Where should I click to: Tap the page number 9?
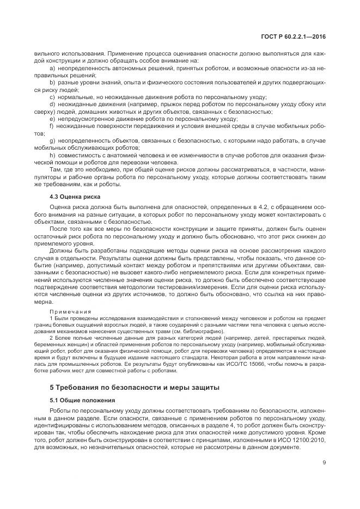coord(324,464)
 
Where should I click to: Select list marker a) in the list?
coord(52,69)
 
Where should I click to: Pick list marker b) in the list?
coord(52,82)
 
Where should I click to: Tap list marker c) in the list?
coord(52,96)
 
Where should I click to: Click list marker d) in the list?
coord(52,103)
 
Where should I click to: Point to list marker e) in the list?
coord(52,118)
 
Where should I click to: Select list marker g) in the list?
coord(52,140)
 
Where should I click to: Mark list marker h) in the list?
coord(52,155)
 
